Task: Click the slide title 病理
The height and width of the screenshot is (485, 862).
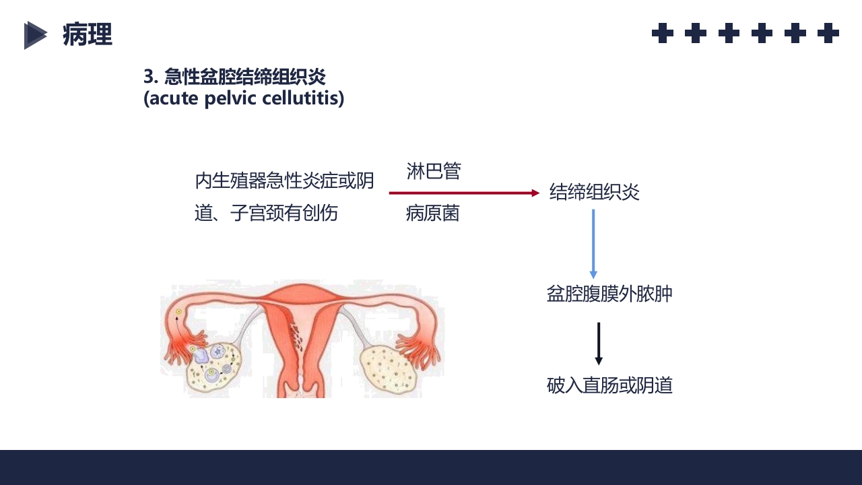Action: pyautogui.click(x=88, y=34)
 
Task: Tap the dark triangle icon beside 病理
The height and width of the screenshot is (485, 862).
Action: pyautogui.click(x=34, y=35)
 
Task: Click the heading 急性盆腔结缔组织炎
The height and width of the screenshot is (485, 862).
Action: pyautogui.click(x=245, y=77)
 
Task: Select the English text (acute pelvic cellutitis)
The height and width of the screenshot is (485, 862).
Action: pyautogui.click(x=244, y=98)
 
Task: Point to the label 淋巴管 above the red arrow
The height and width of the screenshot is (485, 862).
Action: pyautogui.click(x=434, y=171)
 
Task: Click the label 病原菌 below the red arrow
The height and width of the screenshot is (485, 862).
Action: pyautogui.click(x=433, y=214)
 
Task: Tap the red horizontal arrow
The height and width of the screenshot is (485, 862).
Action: pyautogui.click(x=464, y=193)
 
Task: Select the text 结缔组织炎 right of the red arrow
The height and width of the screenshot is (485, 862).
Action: pyautogui.click(x=594, y=193)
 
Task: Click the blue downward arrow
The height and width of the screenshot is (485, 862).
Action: pyautogui.click(x=593, y=243)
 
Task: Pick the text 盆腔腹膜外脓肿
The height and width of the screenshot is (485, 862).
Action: pyautogui.click(x=609, y=294)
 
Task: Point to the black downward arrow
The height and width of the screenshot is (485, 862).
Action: pyautogui.click(x=598, y=344)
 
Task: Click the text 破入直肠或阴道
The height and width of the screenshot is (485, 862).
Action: pyautogui.click(x=609, y=386)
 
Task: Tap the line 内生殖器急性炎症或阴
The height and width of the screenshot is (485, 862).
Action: pyautogui.click(x=284, y=181)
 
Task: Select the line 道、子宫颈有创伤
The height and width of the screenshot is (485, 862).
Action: pyautogui.click(x=266, y=214)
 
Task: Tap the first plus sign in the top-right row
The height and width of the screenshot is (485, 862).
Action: pyautogui.click(x=663, y=33)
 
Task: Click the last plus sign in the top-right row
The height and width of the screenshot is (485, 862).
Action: pyautogui.click(x=828, y=33)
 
